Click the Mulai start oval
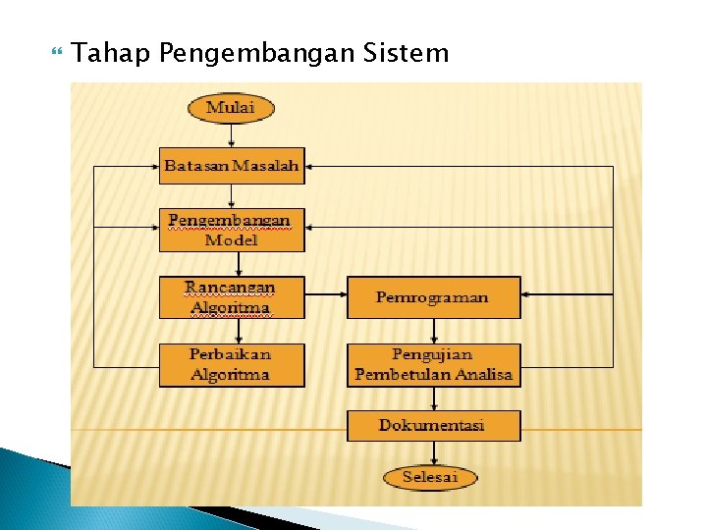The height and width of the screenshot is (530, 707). tap(230, 107)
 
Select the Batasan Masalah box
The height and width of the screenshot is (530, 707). tap(232, 166)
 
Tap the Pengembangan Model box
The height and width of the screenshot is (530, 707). tap(232, 230)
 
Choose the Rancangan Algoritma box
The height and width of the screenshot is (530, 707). tap(232, 297)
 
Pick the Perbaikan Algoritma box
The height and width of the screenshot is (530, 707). tap(232, 364)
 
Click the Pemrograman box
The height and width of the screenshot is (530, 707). tap(433, 297)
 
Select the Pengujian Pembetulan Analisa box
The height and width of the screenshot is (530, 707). tap(433, 364)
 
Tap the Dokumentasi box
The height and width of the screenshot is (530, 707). tap(433, 425)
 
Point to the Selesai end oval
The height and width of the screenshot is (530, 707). tap(429, 478)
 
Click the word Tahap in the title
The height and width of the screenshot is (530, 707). tap(110, 53)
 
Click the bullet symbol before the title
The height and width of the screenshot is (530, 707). tap(53, 52)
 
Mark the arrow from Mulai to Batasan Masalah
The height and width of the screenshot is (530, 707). tap(231, 135)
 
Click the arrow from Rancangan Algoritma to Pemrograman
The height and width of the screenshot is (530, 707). tap(326, 297)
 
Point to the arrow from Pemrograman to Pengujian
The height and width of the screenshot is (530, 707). tap(433, 331)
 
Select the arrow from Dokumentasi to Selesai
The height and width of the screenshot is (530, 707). tap(433, 453)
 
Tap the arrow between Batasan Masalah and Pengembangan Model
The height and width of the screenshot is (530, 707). tap(231, 195)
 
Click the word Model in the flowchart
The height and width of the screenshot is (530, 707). tap(232, 240)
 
